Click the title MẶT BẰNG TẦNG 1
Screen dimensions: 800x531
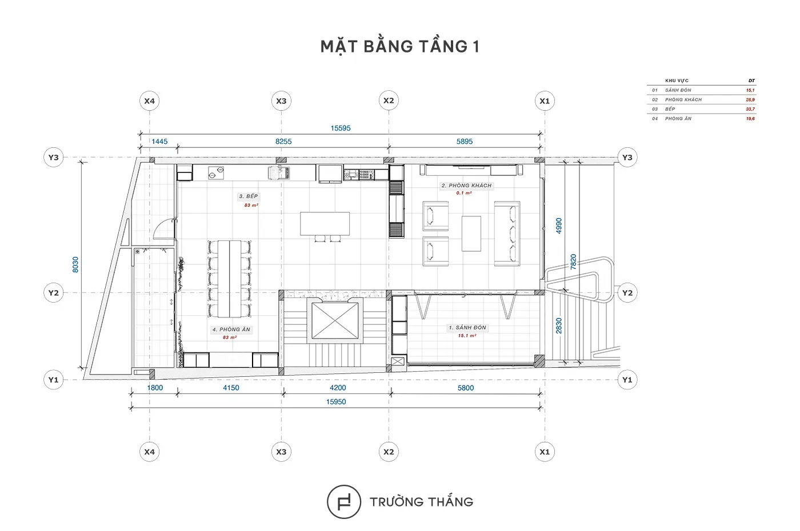pyautogui.click(x=399, y=47)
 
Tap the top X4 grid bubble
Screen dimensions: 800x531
pyautogui.click(x=149, y=101)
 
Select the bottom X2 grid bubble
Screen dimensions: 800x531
pyautogui.click(x=389, y=452)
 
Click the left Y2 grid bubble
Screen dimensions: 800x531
pyautogui.click(x=54, y=292)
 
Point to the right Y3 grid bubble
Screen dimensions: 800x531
pyautogui.click(x=627, y=158)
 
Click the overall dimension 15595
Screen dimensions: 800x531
pyautogui.click(x=341, y=128)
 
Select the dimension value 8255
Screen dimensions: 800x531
pyautogui.click(x=283, y=142)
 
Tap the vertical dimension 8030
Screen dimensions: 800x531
pyautogui.click(x=75, y=264)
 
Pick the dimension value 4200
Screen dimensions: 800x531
pyautogui.click(x=338, y=388)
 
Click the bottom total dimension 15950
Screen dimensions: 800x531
pyautogui.click(x=336, y=402)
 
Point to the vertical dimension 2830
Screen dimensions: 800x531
pyautogui.click(x=559, y=325)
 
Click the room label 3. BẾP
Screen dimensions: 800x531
pyautogui.click(x=248, y=196)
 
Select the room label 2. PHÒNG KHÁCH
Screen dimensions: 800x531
pyautogui.click(x=466, y=186)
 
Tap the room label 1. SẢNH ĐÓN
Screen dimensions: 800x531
pyautogui.click(x=467, y=328)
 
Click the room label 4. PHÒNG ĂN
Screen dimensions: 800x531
pyautogui.click(x=231, y=329)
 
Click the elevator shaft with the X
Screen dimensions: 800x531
pyautogui.click(x=335, y=321)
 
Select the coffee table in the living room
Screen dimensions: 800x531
pyautogui.click(x=471, y=234)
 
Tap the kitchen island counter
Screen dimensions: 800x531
pyautogui.click(x=325, y=224)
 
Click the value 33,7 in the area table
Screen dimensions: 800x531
pyautogui.click(x=750, y=109)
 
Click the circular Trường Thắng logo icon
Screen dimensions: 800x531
pyautogui.click(x=344, y=501)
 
